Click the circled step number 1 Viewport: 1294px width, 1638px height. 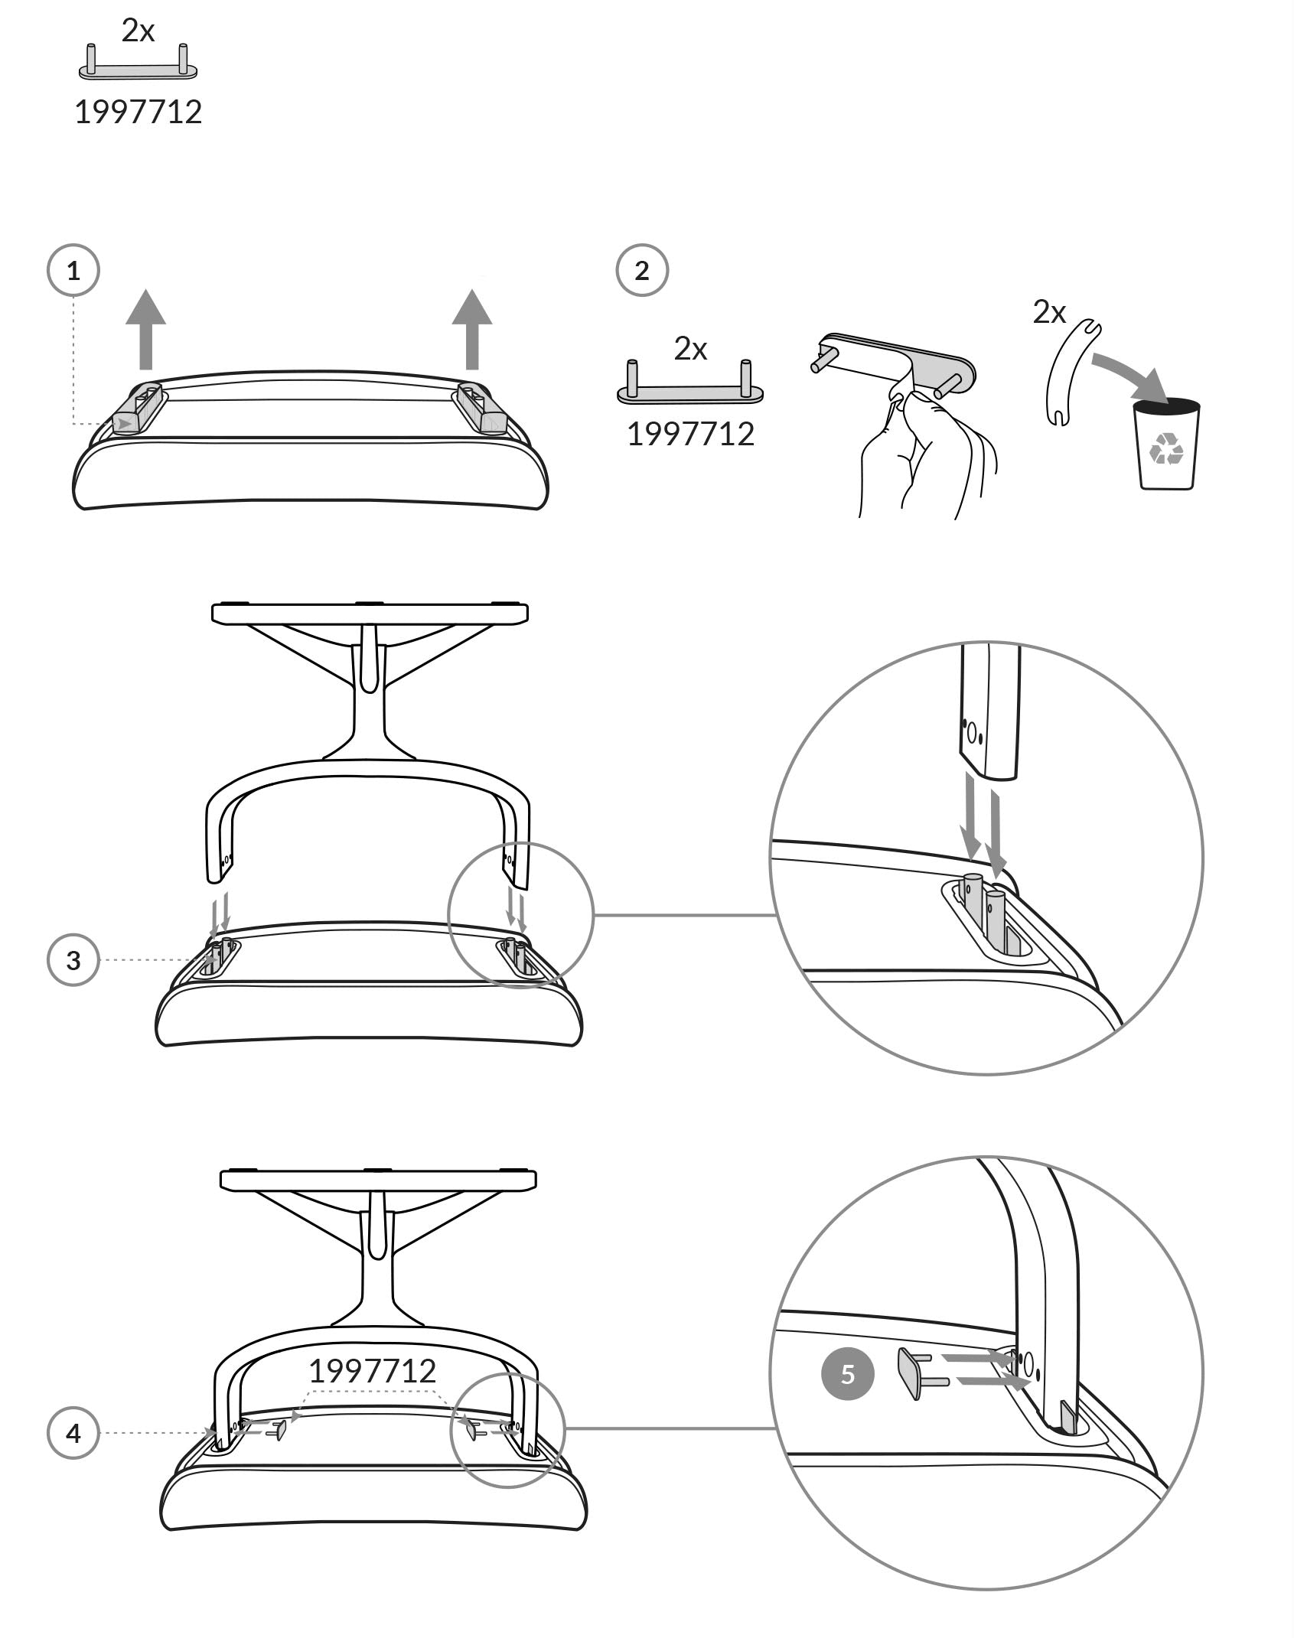click(73, 270)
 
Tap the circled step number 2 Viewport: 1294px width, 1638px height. click(642, 270)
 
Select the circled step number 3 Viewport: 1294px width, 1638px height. click(73, 960)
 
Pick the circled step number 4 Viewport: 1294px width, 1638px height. click(73, 1432)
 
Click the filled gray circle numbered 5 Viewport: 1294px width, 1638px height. click(847, 1374)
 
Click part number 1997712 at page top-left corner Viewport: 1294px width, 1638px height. click(139, 112)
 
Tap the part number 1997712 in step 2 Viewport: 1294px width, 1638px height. click(690, 435)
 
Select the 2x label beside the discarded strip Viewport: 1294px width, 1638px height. click(1049, 312)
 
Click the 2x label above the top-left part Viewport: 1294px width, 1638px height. click(138, 31)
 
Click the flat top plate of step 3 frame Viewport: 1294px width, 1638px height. click(370, 613)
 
